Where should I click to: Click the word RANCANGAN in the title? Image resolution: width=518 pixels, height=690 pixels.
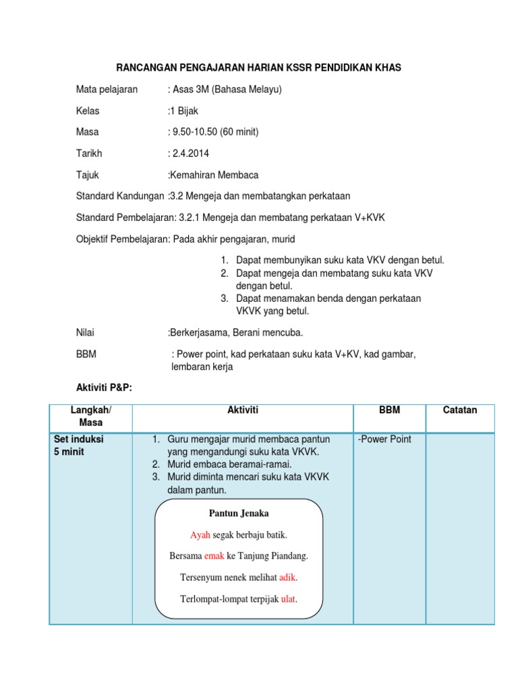pyautogui.click(x=146, y=68)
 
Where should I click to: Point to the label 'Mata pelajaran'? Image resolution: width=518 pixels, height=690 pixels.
pyautogui.click(x=107, y=89)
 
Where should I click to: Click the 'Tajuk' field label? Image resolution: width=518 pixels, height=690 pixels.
pyautogui.click(x=88, y=175)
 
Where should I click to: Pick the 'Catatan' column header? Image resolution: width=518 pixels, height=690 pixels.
pyautogui.click(x=460, y=410)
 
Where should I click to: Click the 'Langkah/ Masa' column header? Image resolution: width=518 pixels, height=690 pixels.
pyautogui.click(x=91, y=416)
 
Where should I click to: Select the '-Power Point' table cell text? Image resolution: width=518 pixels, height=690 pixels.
pyautogui.click(x=384, y=439)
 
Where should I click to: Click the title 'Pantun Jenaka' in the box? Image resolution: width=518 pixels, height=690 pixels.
pyautogui.click(x=239, y=513)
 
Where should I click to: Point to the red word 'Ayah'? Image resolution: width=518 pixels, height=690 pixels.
pyautogui.click(x=200, y=535)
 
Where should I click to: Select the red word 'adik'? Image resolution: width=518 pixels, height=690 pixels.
pyautogui.click(x=287, y=577)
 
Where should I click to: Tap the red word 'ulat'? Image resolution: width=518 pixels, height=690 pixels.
pyautogui.click(x=288, y=599)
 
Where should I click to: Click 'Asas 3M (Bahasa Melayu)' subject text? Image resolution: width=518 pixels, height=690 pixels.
pyautogui.click(x=227, y=89)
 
